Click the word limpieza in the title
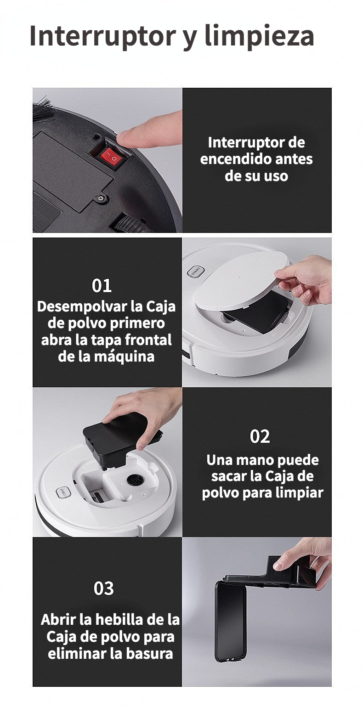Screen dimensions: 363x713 click(x=259, y=37)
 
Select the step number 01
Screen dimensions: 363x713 click(x=102, y=285)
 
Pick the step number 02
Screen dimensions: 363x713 click(x=260, y=436)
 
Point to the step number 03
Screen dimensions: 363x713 click(x=103, y=588)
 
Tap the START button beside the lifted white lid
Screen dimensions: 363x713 click(x=195, y=272)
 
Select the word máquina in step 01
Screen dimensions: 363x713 click(x=127, y=356)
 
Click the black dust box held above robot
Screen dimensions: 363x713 click(x=121, y=438)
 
